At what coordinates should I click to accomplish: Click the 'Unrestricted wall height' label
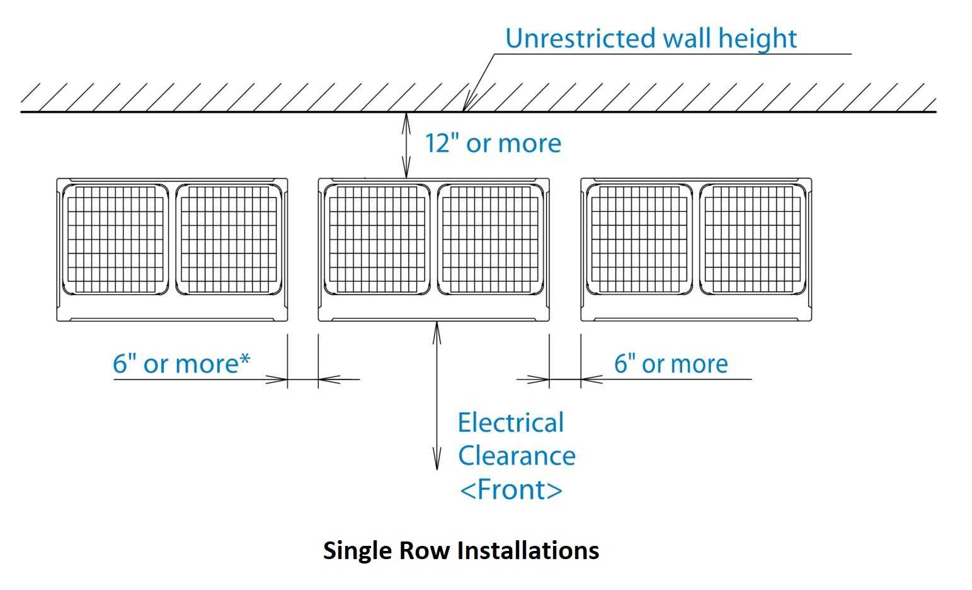coord(650,38)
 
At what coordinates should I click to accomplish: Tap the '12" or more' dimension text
coord(492,144)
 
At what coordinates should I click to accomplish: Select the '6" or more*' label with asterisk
coord(181,364)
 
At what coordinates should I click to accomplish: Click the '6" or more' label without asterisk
coord(671,364)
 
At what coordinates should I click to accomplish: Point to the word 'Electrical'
coord(510,423)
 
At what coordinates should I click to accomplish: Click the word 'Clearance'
coord(517,456)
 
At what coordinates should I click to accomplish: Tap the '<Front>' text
coord(511,490)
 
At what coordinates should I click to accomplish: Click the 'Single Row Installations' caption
coord(460,550)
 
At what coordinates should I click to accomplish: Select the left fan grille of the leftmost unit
coord(115,240)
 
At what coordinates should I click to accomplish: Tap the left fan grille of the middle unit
coord(377,240)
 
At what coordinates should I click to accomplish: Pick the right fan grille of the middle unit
coord(490,240)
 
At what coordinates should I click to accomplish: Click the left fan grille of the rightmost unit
coord(639,240)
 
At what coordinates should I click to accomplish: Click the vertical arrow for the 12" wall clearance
coord(406,145)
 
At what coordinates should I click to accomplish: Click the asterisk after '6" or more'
coord(244,359)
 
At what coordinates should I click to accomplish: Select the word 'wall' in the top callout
coord(684,38)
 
